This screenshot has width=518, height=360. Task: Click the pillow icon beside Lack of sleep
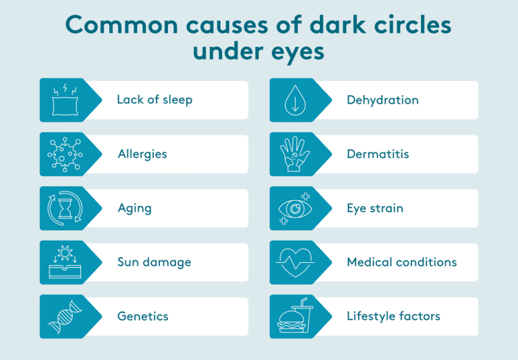pos(64,100)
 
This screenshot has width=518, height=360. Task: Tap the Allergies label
pos(142,154)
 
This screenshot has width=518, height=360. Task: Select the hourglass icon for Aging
pos(64,209)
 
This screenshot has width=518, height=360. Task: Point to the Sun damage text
pos(154,262)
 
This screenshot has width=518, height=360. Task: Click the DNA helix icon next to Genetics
pos(64,317)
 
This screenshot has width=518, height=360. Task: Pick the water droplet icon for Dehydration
pos(294,100)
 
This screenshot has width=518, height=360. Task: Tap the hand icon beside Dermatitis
pos(294,154)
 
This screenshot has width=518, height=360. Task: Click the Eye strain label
pos(374,208)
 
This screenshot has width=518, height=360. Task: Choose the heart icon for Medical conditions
pos(294,263)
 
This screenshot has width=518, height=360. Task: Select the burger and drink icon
pos(294,317)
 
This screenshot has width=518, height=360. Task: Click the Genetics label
pos(142,316)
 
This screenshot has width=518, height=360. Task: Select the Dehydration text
pos(382,100)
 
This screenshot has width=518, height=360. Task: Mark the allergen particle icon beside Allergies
pos(64,154)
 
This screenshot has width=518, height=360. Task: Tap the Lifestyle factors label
pos(393,316)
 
